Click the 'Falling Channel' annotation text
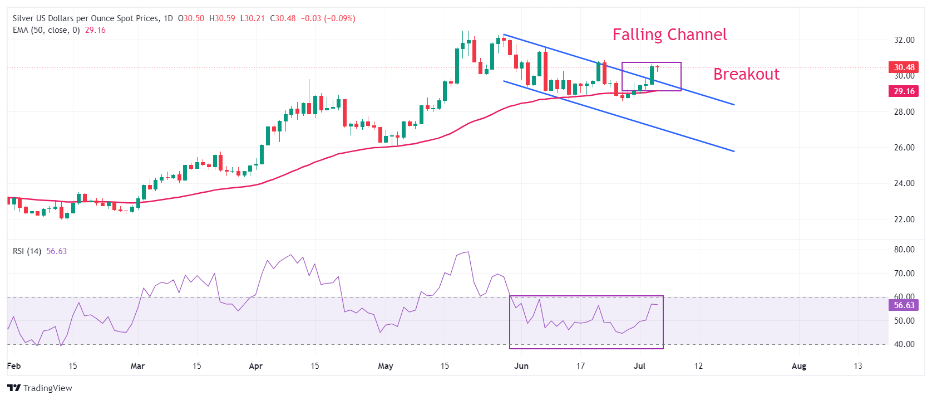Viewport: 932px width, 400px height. pyautogui.click(x=669, y=35)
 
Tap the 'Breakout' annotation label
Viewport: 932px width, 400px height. pyautogui.click(x=746, y=74)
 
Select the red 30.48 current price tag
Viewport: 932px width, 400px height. pyautogui.click(x=904, y=67)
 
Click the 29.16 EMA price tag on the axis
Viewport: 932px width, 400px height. pyautogui.click(x=904, y=91)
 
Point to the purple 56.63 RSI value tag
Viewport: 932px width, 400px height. pyautogui.click(x=904, y=305)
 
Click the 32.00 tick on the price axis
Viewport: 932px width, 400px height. pyautogui.click(x=904, y=40)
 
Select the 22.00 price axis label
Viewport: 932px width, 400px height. pyautogui.click(x=904, y=219)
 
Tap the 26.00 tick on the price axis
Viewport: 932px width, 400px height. pyautogui.click(x=904, y=148)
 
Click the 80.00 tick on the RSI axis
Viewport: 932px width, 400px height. pyautogui.click(x=904, y=250)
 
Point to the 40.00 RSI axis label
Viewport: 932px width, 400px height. pyautogui.click(x=904, y=344)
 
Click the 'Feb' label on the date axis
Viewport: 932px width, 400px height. pyautogui.click(x=14, y=366)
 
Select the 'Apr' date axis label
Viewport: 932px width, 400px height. pyautogui.click(x=255, y=366)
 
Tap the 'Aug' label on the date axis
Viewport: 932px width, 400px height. pyautogui.click(x=798, y=366)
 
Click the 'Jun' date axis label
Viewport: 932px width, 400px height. pyautogui.click(x=521, y=366)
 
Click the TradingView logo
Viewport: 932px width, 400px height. pyautogui.click(x=40, y=388)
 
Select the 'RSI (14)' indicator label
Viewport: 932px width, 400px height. pyautogui.click(x=27, y=251)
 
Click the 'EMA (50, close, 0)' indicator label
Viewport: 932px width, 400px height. pyautogui.click(x=46, y=30)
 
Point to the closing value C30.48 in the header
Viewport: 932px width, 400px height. pyautogui.click(x=283, y=18)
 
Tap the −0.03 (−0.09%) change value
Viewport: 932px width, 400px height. pyautogui.click(x=328, y=18)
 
